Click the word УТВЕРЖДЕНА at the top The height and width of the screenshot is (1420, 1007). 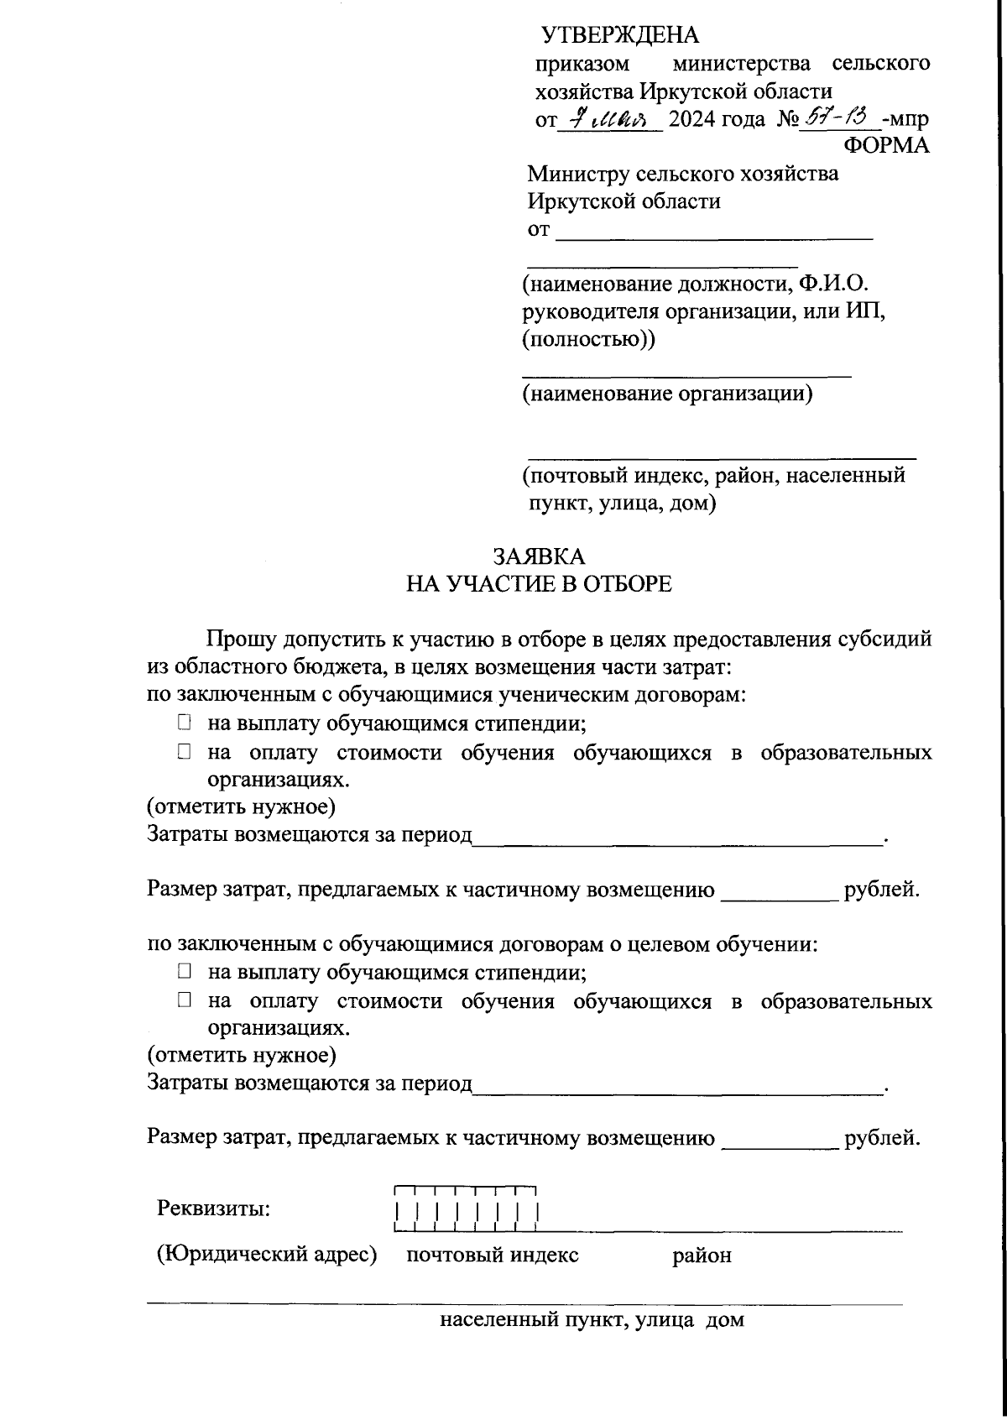(x=620, y=35)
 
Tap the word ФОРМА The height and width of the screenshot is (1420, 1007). (x=886, y=145)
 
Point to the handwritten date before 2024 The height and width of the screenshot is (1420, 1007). (x=610, y=117)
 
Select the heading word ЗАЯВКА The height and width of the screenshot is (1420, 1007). (x=539, y=556)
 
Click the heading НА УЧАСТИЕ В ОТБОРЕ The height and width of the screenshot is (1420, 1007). (x=539, y=584)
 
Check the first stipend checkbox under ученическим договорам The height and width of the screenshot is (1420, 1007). (x=184, y=723)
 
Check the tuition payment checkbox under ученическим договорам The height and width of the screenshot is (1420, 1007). (x=184, y=752)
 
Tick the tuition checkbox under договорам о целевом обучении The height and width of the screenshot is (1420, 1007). (x=184, y=1000)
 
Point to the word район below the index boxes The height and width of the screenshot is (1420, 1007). (x=702, y=1256)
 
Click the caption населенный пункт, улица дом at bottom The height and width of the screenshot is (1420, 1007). (x=592, y=1320)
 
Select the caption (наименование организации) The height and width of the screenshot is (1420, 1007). (x=667, y=394)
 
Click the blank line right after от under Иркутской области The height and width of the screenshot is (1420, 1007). (x=714, y=237)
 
